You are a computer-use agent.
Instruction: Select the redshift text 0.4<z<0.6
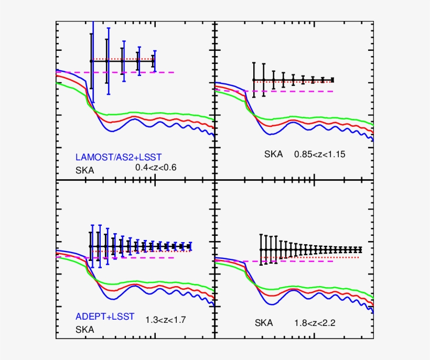(x=156, y=167)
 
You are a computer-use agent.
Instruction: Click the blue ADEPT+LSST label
(x=105, y=317)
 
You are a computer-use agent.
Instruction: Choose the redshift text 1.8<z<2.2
(x=315, y=323)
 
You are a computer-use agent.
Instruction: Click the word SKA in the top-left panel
(x=85, y=170)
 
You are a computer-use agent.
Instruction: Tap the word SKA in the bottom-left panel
(x=85, y=330)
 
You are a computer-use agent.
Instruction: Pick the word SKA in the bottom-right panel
(x=264, y=323)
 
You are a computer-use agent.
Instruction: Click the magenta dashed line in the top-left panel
(x=157, y=72)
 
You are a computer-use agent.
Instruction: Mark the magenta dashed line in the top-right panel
(x=315, y=91)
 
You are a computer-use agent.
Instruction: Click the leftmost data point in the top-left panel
(x=91, y=61)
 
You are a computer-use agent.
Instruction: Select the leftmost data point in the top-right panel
(x=254, y=80)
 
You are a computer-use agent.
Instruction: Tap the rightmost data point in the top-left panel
(x=154, y=61)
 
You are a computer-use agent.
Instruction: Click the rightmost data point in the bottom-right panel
(x=361, y=249)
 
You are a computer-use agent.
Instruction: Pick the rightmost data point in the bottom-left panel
(x=190, y=246)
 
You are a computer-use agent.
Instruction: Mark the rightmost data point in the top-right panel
(x=332, y=80)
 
